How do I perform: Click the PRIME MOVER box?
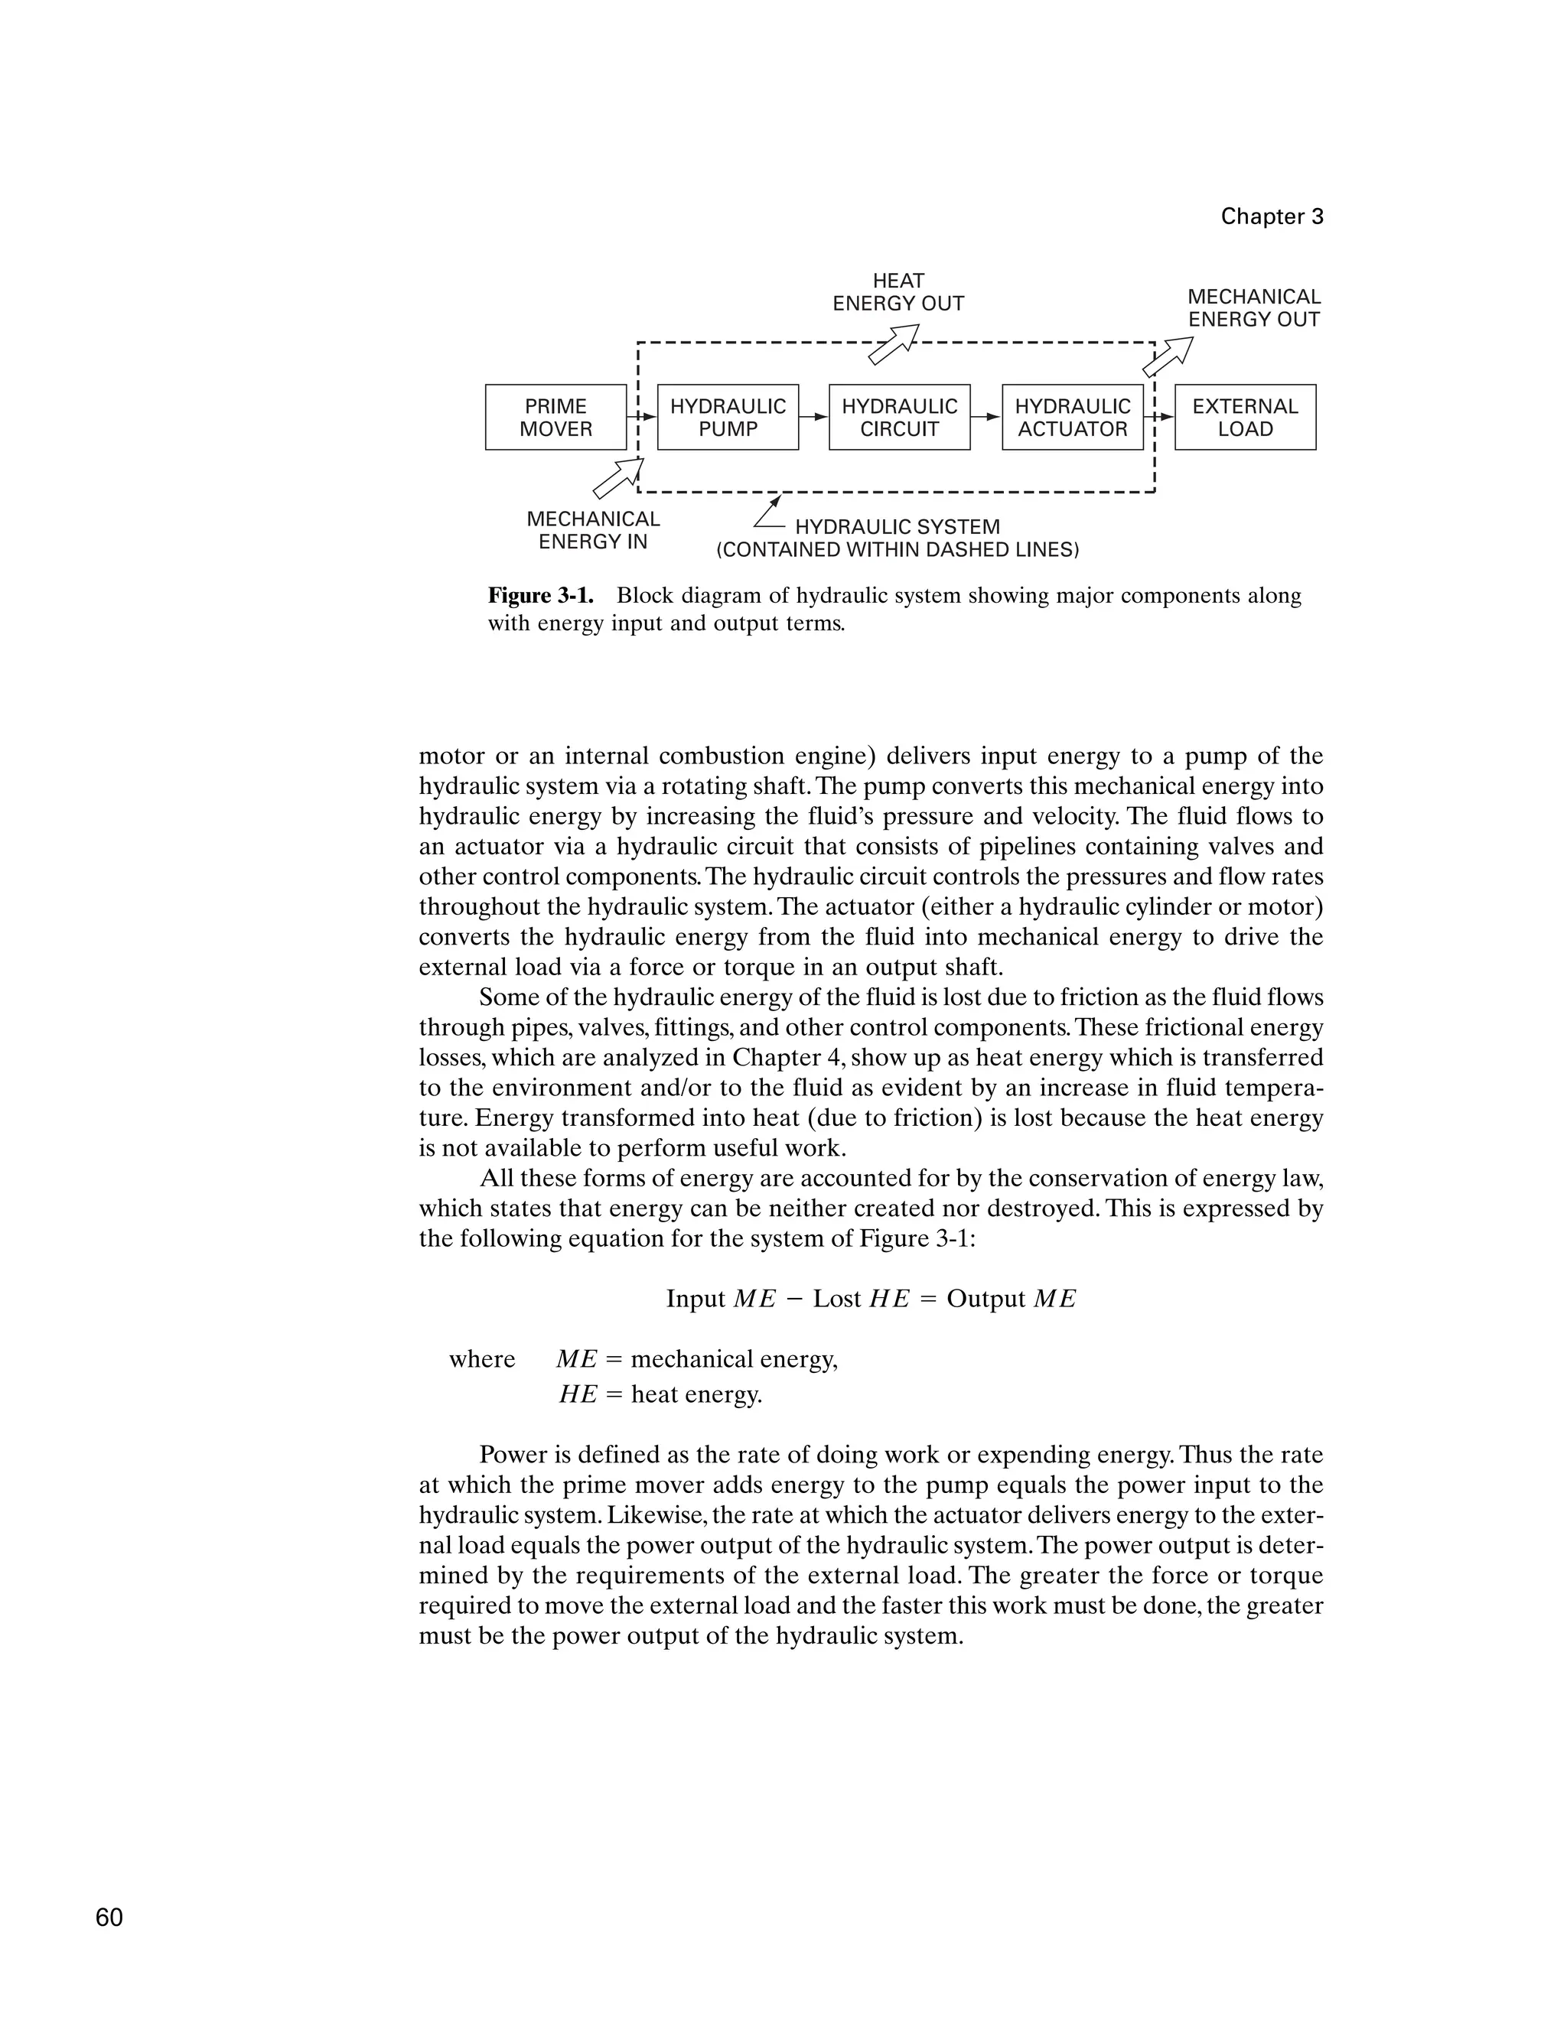(555, 417)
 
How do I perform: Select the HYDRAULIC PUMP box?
(728, 417)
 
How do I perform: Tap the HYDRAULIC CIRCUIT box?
(899, 417)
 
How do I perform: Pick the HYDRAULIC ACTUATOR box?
(1072, 417)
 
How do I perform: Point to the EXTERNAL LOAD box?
(1245, 417)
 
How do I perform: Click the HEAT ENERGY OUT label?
(898, 292)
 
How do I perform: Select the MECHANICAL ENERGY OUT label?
(1254, 308)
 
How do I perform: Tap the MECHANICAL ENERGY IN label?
(593, 530)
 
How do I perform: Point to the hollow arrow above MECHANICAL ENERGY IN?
(617, 478)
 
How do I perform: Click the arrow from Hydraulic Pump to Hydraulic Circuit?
(814, 417)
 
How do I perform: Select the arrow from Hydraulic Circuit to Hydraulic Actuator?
(986, 417)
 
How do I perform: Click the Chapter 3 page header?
(1272, 216)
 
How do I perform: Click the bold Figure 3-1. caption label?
(540, 596)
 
